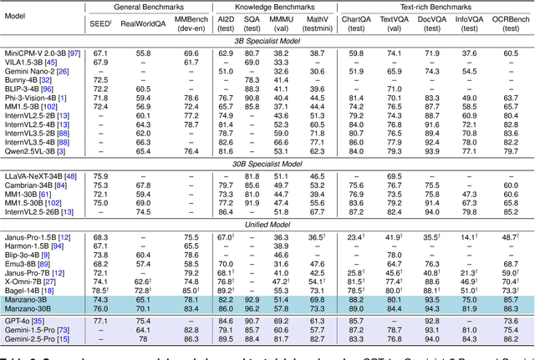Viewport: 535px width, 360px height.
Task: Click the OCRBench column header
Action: pos(503,21)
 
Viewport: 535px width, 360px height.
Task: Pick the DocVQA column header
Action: pos(432,21)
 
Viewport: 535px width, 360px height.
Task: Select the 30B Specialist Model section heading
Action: pos(267,165)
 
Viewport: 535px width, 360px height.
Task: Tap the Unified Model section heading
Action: pos(267,225)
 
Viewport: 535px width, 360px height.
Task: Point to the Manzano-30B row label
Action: pos(30,308)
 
